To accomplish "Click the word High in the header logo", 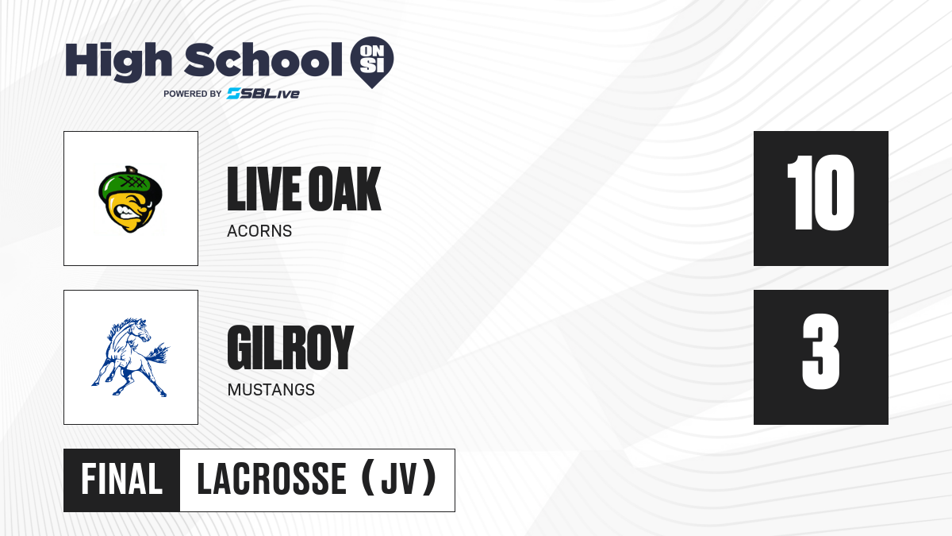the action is (118, 62).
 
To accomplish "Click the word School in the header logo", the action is (263, 60).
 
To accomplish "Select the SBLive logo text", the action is (263, 93).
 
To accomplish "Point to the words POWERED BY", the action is (193, 94).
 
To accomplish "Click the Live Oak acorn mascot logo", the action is (130, 199).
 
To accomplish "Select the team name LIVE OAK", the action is (304, 189).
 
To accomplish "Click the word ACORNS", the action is (259, 231).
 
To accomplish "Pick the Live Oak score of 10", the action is (820, 192).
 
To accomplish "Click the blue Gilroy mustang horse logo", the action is (130, 357).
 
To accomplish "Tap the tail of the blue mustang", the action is (157, 353).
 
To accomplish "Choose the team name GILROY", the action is (290, 348).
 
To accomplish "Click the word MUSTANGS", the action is (271, 390).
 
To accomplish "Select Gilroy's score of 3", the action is (820, 351).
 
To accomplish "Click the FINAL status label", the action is (121, 480).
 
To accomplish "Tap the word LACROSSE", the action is (271, 480).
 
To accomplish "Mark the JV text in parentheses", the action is (399, 480).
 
